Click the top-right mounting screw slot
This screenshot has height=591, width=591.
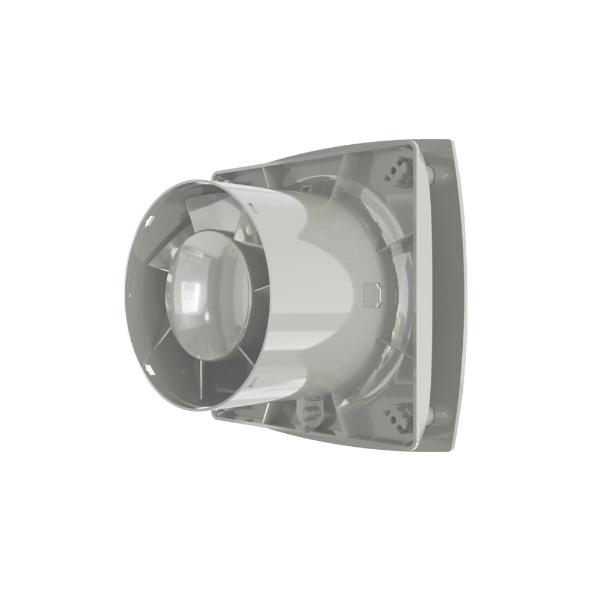398,171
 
